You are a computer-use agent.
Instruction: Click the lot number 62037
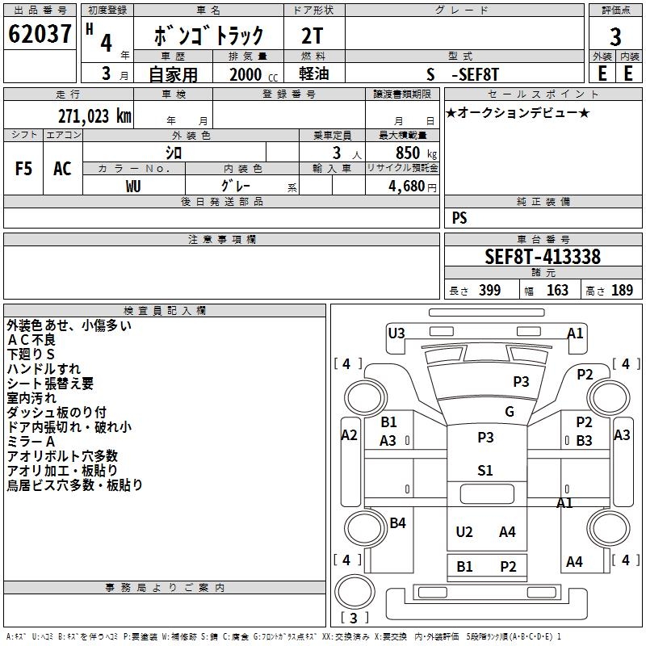pyautogui.click(x=40, y=35)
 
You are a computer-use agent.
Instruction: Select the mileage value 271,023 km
pyautogui.click(x=94, y=116)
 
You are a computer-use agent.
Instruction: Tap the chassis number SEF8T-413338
pyautogui.click(x=542, y=257)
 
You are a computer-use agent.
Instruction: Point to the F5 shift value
pyautogui.click(x=24, y=169)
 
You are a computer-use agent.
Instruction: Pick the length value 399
pyautogui.click(x=489, y=291)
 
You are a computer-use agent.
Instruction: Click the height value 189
pyautogui.click(x=622, y=291)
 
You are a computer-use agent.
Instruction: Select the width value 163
pyautogui.click(x=557, y=291)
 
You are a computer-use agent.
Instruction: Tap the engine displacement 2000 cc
pyautogui.click(x=245, y=74)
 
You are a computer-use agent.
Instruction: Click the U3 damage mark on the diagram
pyautogui.click(x=396, y=333)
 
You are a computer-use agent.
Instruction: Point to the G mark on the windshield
pyautogui.click(x=510, y=412)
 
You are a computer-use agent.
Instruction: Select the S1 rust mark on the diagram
pyautogui.click(x=484, y=471)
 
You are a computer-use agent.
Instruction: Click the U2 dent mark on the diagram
pyautogui.click(x=464, y=531)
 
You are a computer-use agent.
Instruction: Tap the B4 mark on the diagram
pyautogui.click(x=397, y=523)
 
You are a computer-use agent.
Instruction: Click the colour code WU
pyautogui.click(x=134, y=186)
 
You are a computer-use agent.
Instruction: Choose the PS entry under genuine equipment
pyautogui.click(x=459, y=218)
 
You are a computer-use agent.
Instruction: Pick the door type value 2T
pyautogui.click(x=313, y=35)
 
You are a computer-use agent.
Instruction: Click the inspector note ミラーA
pyautogui.click(x=31, y=442)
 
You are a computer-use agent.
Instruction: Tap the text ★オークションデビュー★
pyautogui.click(x=518, y=113)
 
